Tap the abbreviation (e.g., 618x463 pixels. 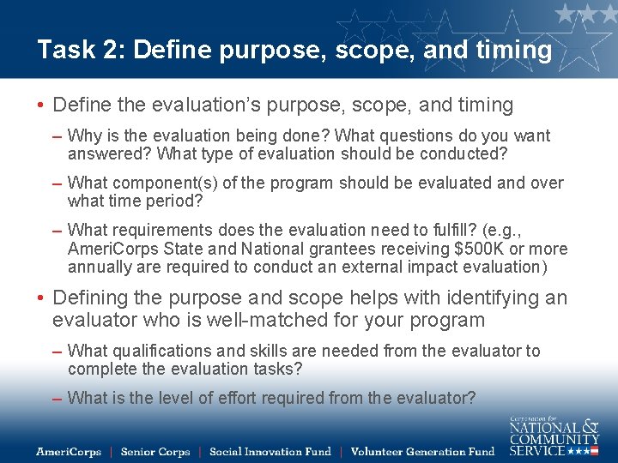(x=500, y=230)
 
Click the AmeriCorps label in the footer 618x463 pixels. (x=69, y=451)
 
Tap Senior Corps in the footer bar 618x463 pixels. (x=155, y=451)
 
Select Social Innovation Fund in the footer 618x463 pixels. (x=270, y=451)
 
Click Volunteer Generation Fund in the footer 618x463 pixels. (x=422, y=451)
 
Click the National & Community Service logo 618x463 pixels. (x=554, y=436)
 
